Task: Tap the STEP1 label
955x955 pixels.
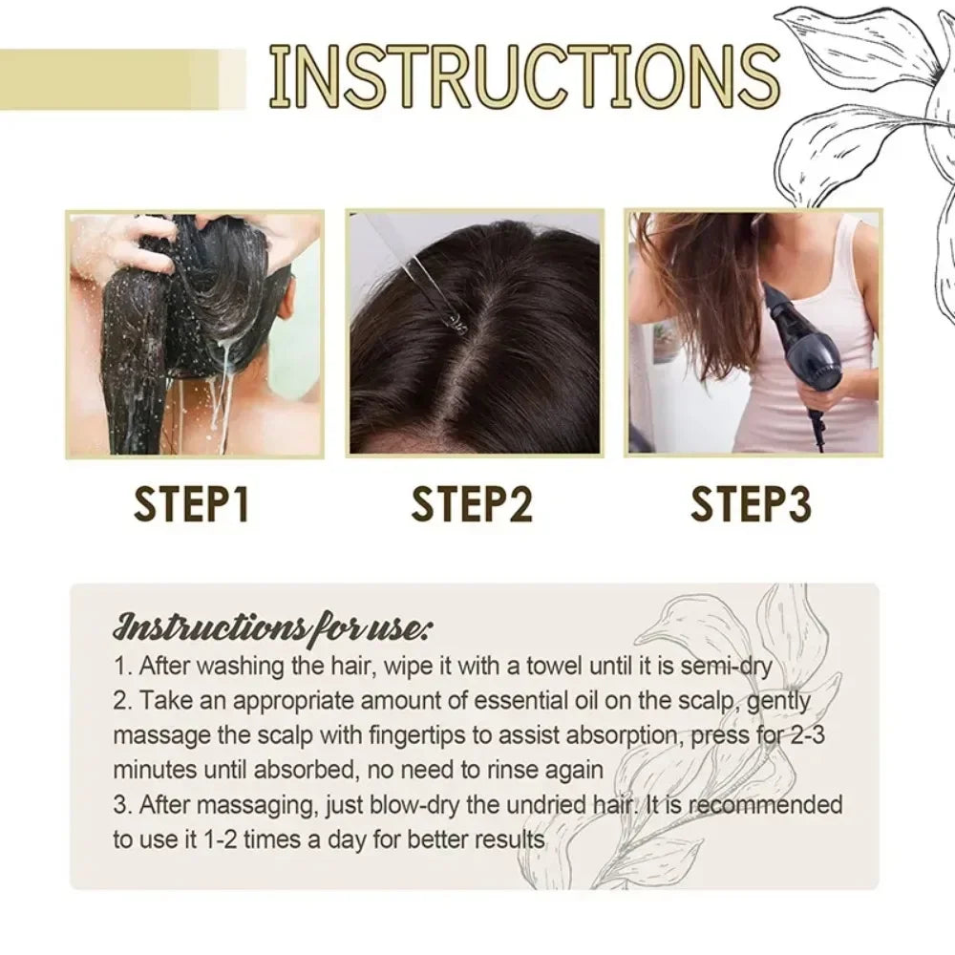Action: (191, 505)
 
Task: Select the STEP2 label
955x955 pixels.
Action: (472, 505)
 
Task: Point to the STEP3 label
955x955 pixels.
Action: (751, 505)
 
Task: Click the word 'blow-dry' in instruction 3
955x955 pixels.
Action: (394, 804)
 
